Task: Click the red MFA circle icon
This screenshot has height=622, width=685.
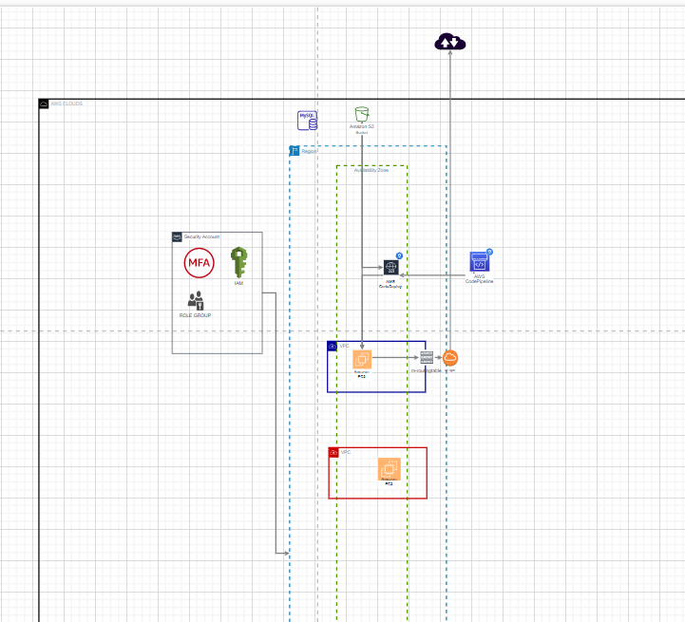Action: (200, 262)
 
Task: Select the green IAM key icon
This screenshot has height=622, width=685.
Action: (238, 262)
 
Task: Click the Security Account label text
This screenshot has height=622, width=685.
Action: (201, 236)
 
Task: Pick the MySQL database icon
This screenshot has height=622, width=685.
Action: (308, 120)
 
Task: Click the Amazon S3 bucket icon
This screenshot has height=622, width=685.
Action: (361, 115)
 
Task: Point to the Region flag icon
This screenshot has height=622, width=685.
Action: (295, 151)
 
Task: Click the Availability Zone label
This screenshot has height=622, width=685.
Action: (371, 170)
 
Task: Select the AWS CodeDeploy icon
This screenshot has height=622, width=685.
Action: (390, 268)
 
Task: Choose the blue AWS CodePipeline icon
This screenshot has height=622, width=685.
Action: (480, 263)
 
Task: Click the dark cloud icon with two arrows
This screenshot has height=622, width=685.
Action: (449, 41)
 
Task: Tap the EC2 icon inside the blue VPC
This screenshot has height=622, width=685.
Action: (362, 359)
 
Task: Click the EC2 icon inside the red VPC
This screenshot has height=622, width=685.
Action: (389, 469)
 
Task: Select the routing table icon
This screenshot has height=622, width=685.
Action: (427, 358)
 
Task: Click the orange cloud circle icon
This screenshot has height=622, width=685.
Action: (451, 358)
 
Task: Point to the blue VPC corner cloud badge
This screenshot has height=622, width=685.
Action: (333, 347)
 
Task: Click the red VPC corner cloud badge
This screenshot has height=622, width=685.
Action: (333, 453)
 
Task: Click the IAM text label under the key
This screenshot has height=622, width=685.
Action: (238, 283)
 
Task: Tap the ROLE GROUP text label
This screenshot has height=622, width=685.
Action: (196, 314)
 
